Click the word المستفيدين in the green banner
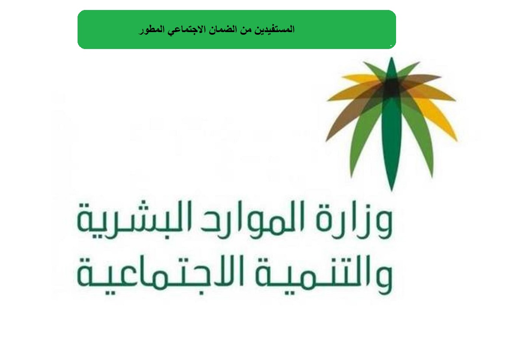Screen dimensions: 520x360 (x=275, y=29)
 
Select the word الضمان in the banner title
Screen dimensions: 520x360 (x=222, y=29)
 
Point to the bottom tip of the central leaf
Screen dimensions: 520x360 (x=392, y=191)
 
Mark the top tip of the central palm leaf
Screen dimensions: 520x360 (x=392, y=58)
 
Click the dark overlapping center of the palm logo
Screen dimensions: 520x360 (x=392, y=87)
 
